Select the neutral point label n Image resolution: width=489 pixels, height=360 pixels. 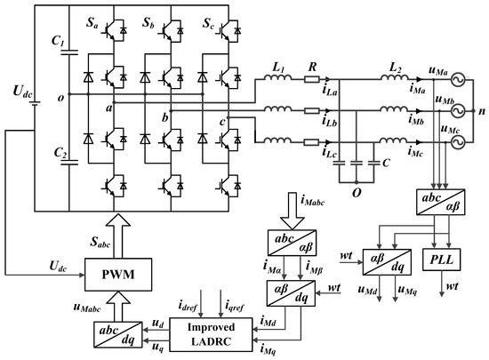tap(481, 113)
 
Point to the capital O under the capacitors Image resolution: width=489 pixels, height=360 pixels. tap(357, 188)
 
